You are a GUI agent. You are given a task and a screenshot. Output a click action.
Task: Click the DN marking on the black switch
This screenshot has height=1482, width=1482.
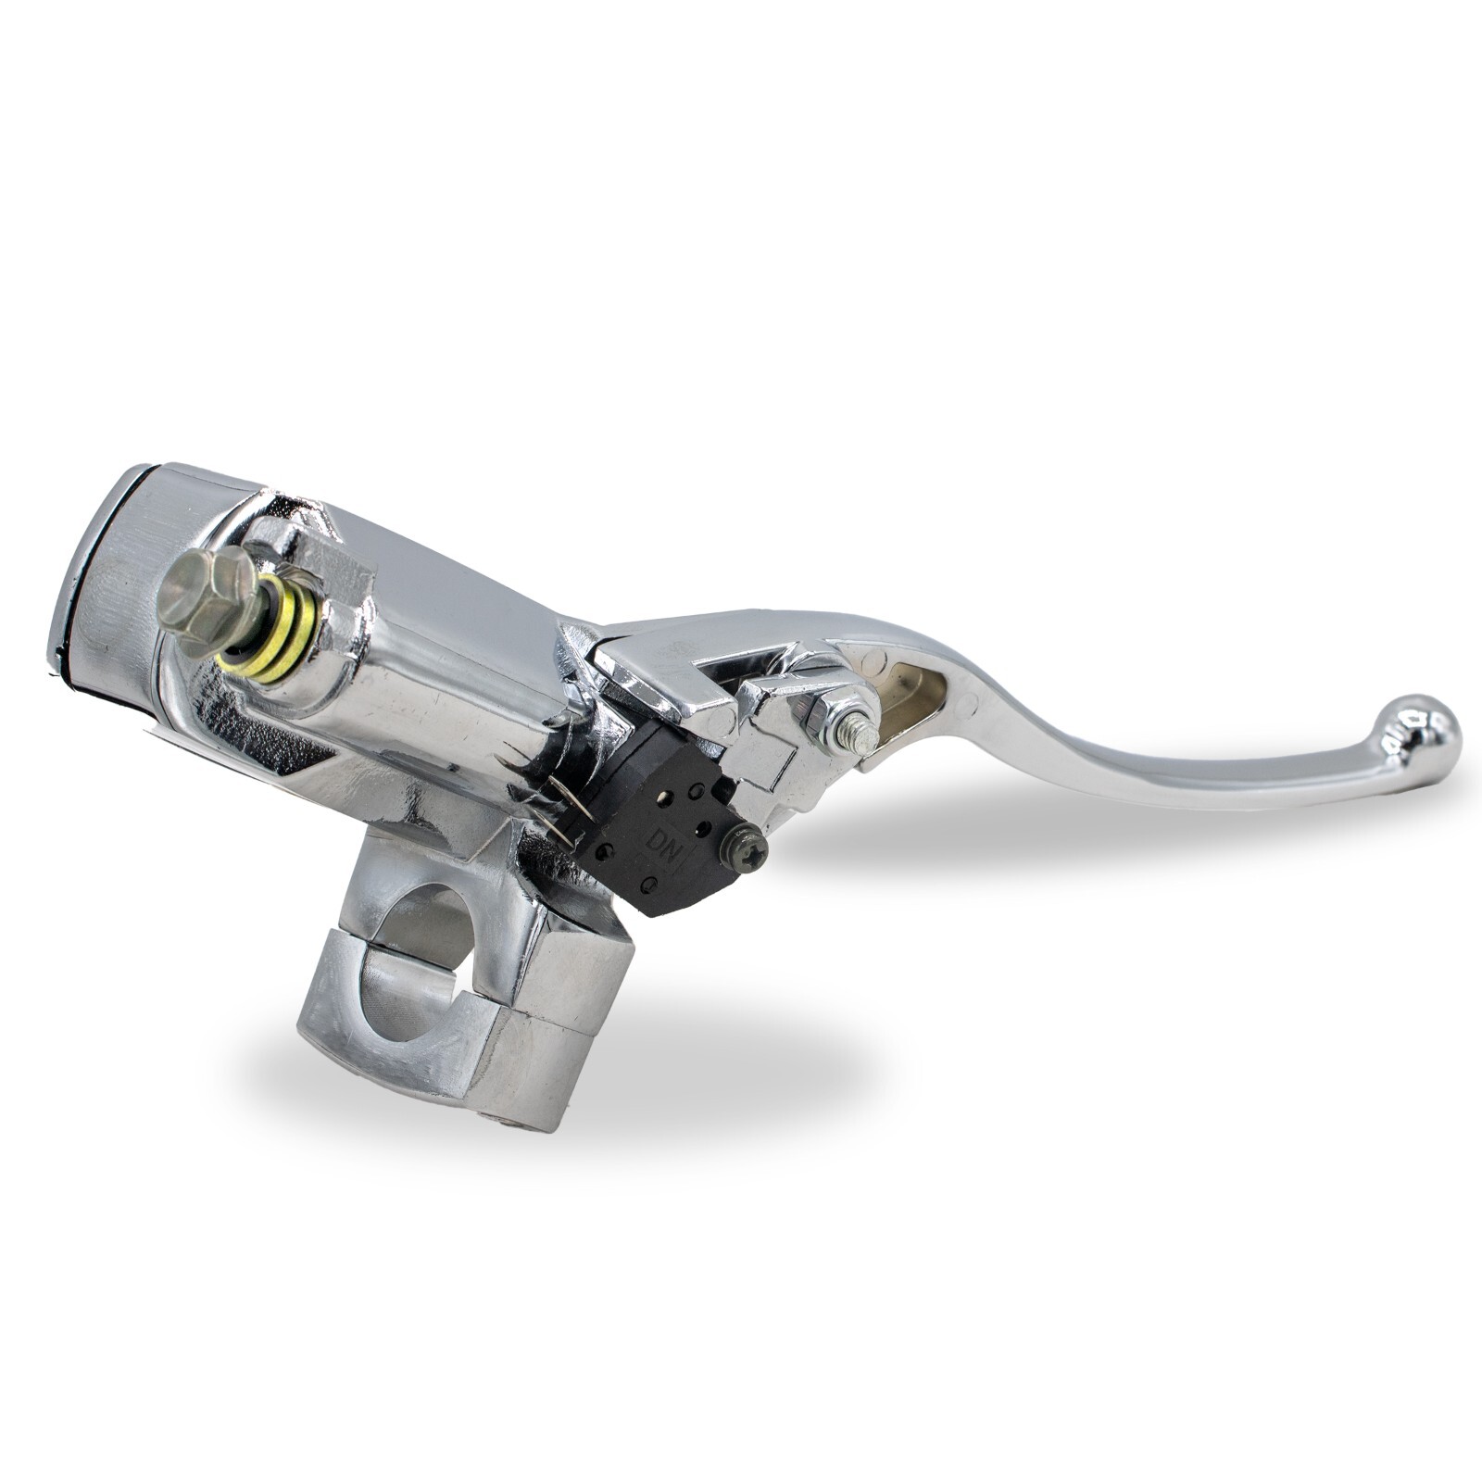(663, 845)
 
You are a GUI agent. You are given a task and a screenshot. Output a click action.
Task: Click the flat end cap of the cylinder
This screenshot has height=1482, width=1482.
(102, 574)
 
